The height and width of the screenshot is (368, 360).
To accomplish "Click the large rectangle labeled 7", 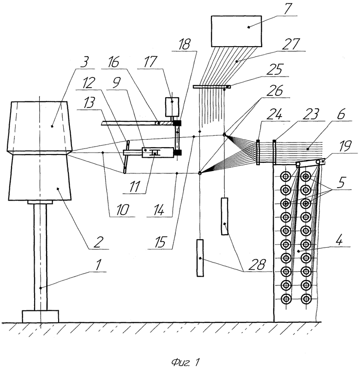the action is coord(236,31).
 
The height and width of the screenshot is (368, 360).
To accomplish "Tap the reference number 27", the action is coord(291,44).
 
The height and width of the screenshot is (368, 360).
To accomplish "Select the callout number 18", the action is coord(184,45).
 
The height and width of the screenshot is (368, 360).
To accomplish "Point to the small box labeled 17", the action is coord(172,107).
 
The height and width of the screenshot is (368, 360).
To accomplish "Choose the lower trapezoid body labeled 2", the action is coord(40,178).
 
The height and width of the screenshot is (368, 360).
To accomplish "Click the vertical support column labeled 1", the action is coord(40,257).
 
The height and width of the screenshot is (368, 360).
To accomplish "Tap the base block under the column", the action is coord(41,316).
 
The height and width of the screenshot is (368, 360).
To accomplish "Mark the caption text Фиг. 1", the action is coord(185,362).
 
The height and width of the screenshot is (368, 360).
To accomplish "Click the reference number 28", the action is coord(258,264).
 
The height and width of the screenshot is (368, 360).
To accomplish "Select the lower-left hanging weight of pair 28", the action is coord(200,258).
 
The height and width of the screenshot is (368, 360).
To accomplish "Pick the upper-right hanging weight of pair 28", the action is coord(224,216).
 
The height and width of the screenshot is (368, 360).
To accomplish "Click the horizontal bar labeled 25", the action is coord(211,87).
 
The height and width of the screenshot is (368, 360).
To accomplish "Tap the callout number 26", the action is coord(275,90).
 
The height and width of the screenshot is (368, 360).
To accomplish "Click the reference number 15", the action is coord(160,242).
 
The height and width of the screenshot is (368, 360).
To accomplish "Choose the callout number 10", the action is coord(122,210).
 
